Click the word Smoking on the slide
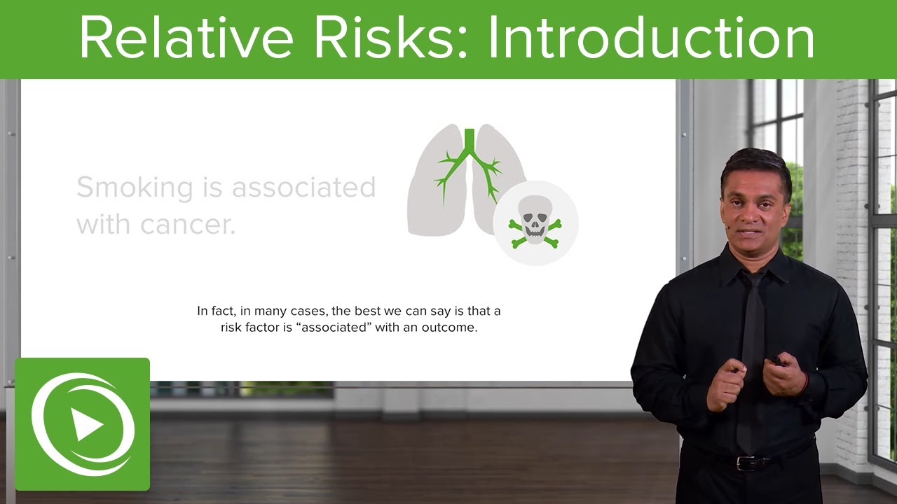125,188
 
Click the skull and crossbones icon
535,223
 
